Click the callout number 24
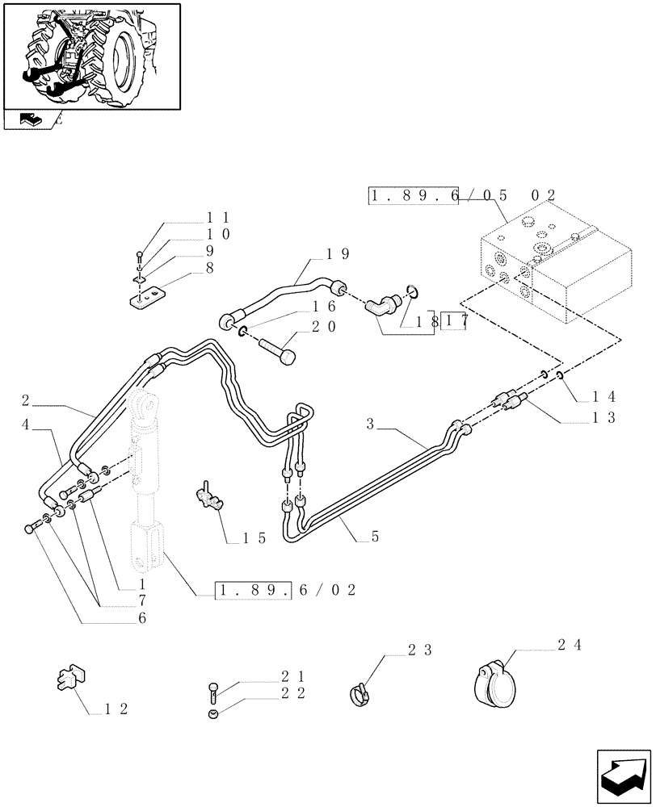point(568,645)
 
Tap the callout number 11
point(217,217)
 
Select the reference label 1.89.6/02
point(286,591)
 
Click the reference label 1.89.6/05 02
point(462,195)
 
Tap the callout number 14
point(603,396)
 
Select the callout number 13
point(603,417)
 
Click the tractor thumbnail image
point(91,56)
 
